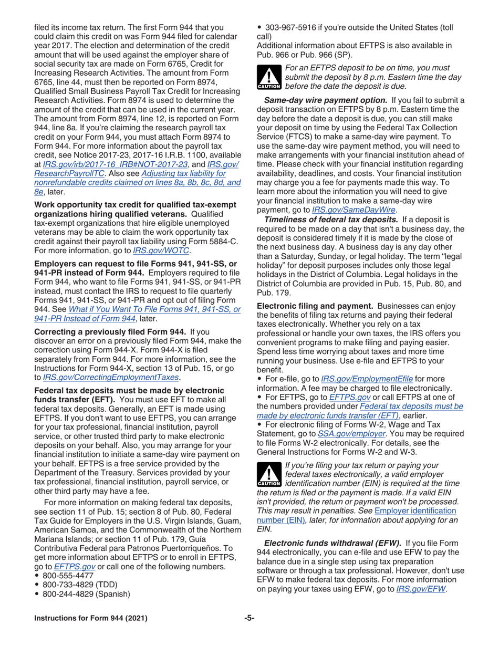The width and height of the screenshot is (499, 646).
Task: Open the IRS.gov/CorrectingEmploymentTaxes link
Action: tap(114, 377)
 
